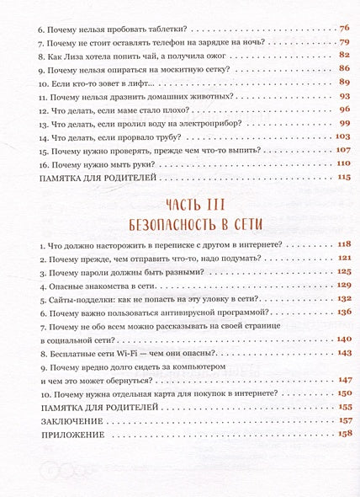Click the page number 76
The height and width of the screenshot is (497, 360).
pos(344,28)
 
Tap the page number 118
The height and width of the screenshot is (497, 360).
pos(342,243)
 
